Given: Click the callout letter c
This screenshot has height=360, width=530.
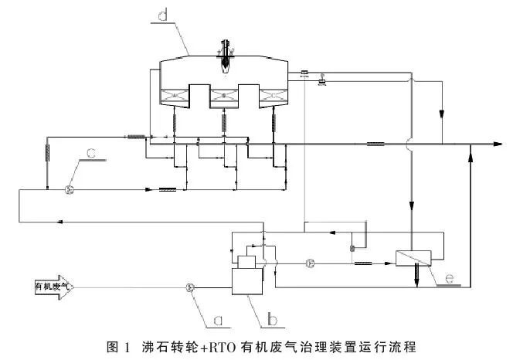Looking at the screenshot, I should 92,154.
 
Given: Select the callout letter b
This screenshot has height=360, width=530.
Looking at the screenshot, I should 273,317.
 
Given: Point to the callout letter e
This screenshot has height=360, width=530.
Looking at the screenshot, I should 449,274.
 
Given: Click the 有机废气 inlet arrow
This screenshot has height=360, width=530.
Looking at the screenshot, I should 53,287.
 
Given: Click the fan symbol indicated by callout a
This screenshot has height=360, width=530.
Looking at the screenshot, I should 189,287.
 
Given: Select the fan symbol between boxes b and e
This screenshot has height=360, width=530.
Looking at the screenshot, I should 310,263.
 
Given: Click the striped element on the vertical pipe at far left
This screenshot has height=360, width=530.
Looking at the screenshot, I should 48,153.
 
